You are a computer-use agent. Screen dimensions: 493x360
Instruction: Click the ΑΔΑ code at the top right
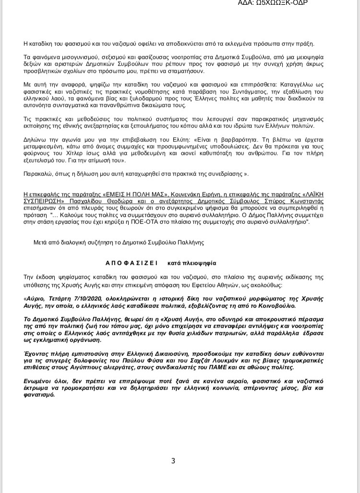pyautogui.click(x=273, y=3)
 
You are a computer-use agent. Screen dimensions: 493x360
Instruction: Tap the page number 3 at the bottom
pyautogui.click(x=173, y=461)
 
